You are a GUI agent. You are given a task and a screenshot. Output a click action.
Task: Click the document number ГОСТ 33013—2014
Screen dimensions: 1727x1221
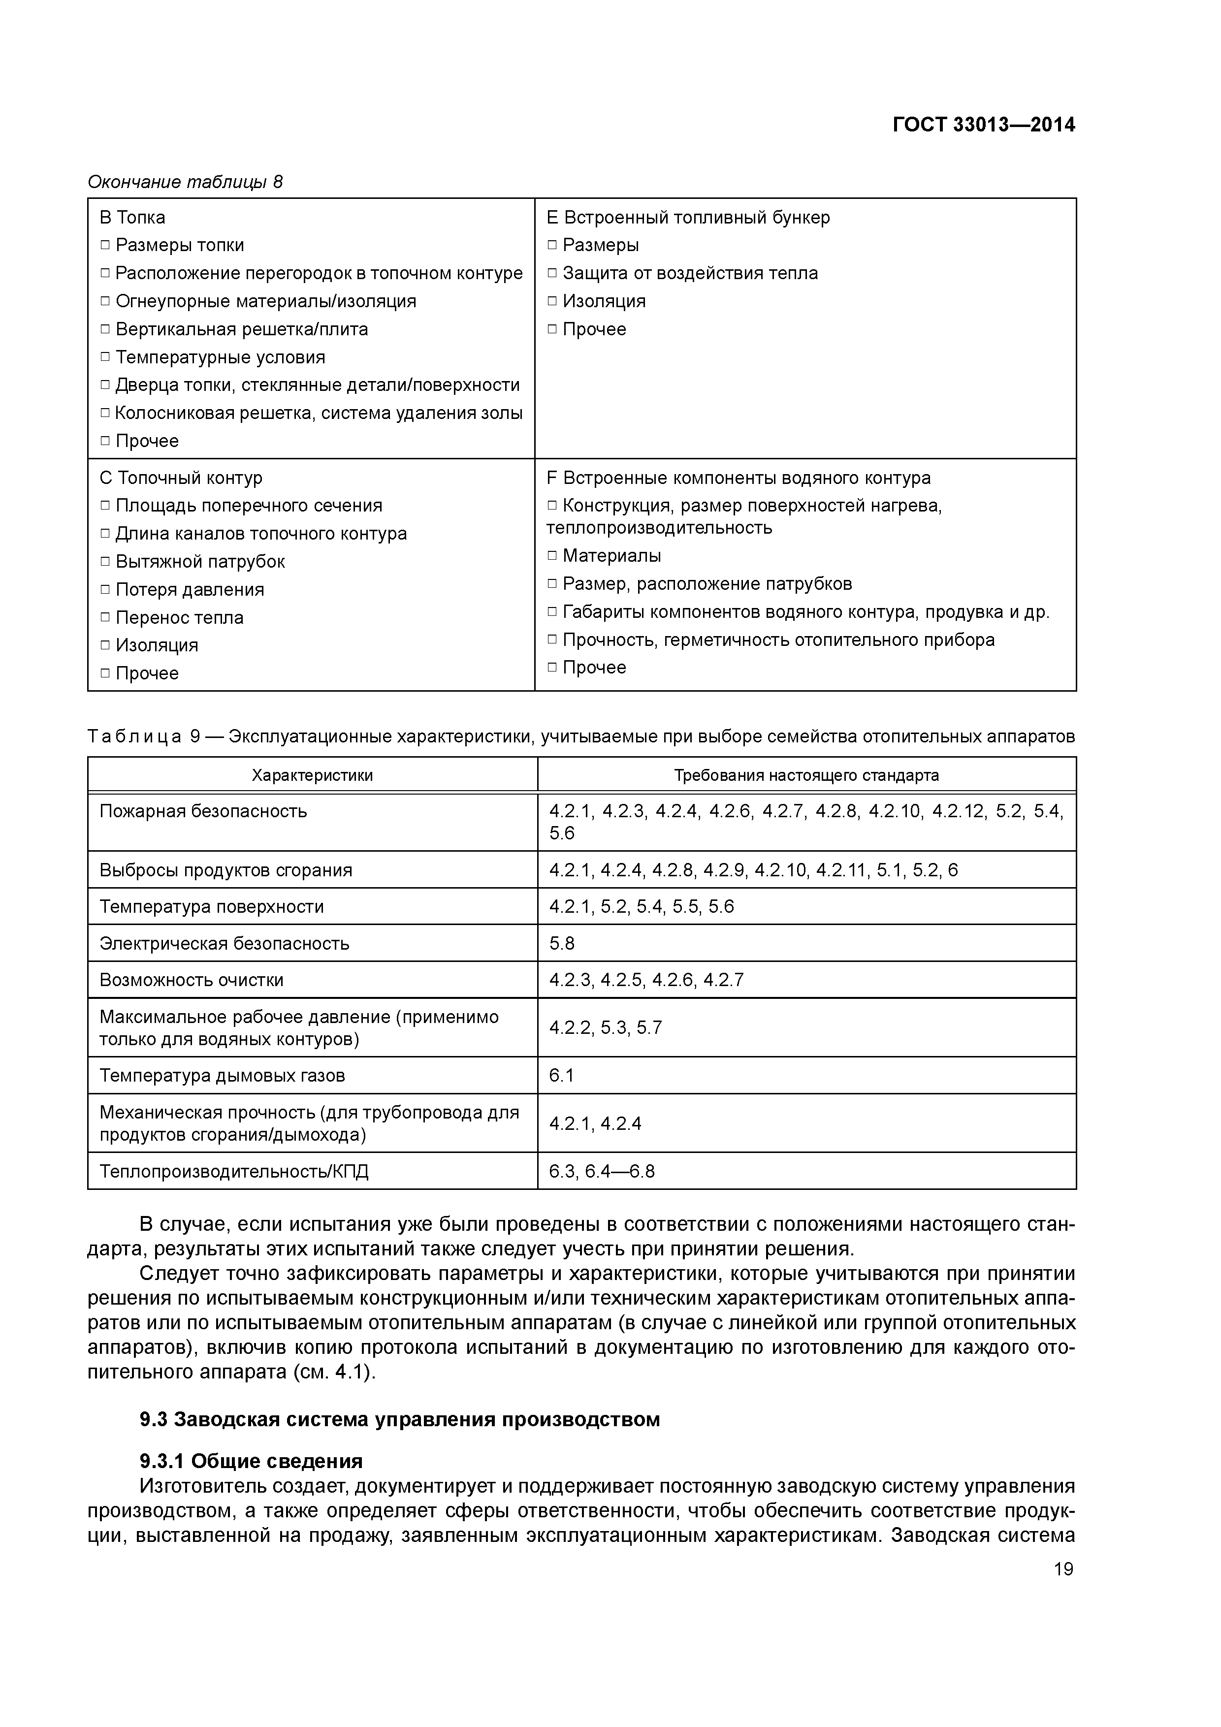[x=983, y=125]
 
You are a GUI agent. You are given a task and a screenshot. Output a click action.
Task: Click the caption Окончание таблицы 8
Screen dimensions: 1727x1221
[x=185, y=182]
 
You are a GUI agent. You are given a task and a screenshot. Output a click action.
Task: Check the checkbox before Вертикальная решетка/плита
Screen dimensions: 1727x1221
[x=105, y=329]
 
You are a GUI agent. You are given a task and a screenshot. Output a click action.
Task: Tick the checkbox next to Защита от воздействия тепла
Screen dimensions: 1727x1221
[x=552, y=273]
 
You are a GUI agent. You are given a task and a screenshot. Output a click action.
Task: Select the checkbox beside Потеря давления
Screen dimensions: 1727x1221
[x=105, y=590]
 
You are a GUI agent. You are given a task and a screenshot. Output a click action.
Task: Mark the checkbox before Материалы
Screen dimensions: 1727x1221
[x=552, y=556]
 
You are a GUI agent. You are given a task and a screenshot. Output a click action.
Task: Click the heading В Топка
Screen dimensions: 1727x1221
[x=132, y=218]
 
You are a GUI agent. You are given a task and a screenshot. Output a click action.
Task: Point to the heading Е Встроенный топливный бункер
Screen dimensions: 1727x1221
[x=688, y=218]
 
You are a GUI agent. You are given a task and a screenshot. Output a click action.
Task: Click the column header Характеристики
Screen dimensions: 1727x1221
[x=312, y=775]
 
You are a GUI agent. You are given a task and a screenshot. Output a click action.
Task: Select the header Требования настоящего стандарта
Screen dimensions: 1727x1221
[x=806, y=775]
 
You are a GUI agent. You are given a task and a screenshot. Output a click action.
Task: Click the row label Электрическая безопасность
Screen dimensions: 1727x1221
[x=224, y=943]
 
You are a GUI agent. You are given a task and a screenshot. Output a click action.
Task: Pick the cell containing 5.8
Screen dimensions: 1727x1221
[x=562, y=943]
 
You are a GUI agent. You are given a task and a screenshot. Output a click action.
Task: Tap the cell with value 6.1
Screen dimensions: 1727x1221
[x=561, y=1076]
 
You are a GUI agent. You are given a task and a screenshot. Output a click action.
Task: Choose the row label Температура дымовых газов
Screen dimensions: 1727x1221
[x=222, y=1076]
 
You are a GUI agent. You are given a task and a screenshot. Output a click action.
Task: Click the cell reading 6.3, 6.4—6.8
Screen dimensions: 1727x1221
[x=602, y=1171]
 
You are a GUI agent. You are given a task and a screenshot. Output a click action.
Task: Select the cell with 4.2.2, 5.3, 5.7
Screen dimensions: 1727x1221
[x=606, y=1027]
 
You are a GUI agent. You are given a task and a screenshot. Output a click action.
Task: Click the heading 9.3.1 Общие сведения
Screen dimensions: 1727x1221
[x=251, y=1461]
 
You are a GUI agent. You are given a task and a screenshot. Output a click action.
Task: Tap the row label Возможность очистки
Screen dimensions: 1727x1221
[x=191, y=980]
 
